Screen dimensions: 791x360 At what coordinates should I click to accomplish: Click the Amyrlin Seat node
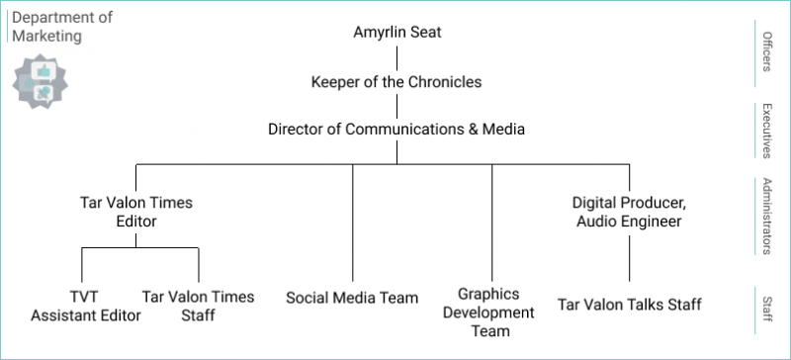pos(396,33)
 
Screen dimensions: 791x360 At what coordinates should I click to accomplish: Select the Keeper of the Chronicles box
pos(396,82)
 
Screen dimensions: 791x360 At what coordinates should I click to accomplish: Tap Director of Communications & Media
pos(396,130)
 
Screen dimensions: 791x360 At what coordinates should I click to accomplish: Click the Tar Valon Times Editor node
pos(136,212)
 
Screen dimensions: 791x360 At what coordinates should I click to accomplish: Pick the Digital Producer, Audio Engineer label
pos(629,212)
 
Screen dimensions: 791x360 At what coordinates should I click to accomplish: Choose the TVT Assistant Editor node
pos(85,306)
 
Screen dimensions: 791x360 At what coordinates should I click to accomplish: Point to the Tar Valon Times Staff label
pos(198,306)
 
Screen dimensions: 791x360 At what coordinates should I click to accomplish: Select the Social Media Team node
pos(352,297)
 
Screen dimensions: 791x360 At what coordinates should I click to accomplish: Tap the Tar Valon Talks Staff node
pos(629,305)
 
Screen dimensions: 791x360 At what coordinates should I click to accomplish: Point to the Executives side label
pos(766,130)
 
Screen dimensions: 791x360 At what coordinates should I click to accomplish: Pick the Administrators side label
pos(766,216)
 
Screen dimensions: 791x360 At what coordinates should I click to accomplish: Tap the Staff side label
pos(766,302)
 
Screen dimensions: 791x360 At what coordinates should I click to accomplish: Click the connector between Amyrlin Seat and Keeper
pos(396,57)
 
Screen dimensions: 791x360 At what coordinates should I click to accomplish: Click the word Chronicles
pos(444,82)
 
